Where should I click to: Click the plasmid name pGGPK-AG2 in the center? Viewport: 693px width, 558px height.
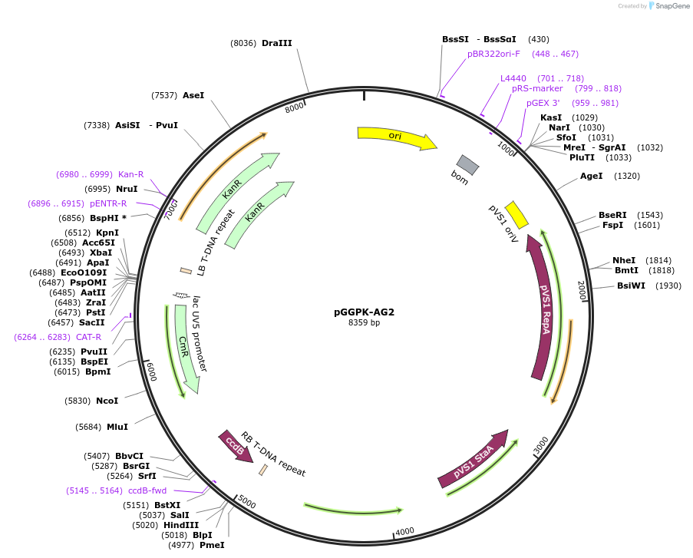[364, 312]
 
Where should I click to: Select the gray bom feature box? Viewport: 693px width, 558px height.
[467, 163]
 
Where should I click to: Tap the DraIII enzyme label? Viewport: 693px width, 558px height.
[276, 44]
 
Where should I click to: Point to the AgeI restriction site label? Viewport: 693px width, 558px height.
[591, 176]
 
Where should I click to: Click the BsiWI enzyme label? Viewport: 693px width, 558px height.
[631, 286]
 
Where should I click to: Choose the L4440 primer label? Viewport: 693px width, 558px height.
[513, 78]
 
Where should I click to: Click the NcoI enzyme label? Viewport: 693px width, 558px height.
[107, 401]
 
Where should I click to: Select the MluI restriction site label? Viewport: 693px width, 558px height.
[117, 427]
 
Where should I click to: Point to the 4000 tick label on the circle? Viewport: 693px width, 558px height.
[404, 531]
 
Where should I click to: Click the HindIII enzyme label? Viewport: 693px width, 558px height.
[181, 525]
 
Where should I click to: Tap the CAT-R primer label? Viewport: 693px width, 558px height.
[88, 337]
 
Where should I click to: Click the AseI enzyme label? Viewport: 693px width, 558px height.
[193, 95]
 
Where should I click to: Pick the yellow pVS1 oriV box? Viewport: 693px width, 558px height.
[516, 215]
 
